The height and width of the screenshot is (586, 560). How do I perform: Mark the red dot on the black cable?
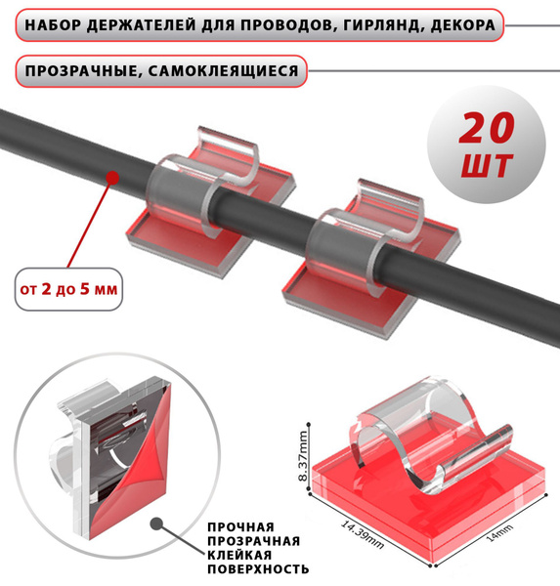[x=111, y=179]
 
